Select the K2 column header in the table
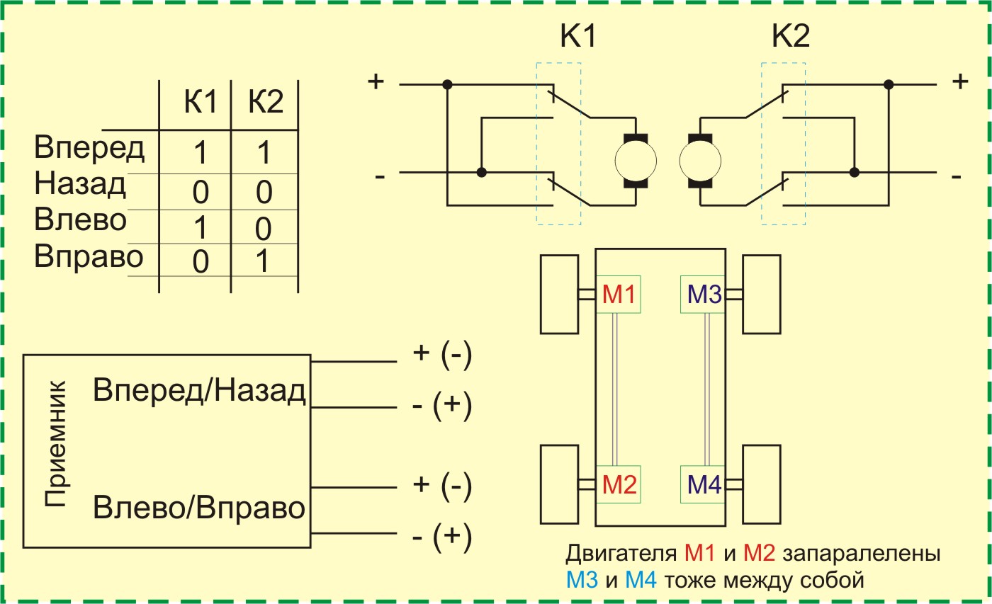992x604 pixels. click(x=266, y=103)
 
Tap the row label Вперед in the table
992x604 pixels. click(x=89, y=149)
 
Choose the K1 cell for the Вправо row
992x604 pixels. click(x=201, y=262)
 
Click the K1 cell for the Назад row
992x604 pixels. click(x=201, y=192)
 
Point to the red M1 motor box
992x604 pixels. click(x=618, y=294)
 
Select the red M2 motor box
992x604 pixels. click(x=618, y=484)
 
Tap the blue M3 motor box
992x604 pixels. click(x=702, y=294)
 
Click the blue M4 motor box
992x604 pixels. click(x=702, y=484)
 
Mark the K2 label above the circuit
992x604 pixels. click(x=790, y=37)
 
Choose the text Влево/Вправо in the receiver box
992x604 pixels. click(x=199, y=508)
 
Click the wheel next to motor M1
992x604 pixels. click(x=560, y=294)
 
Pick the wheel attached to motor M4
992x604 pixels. click(x=761, y=484)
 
